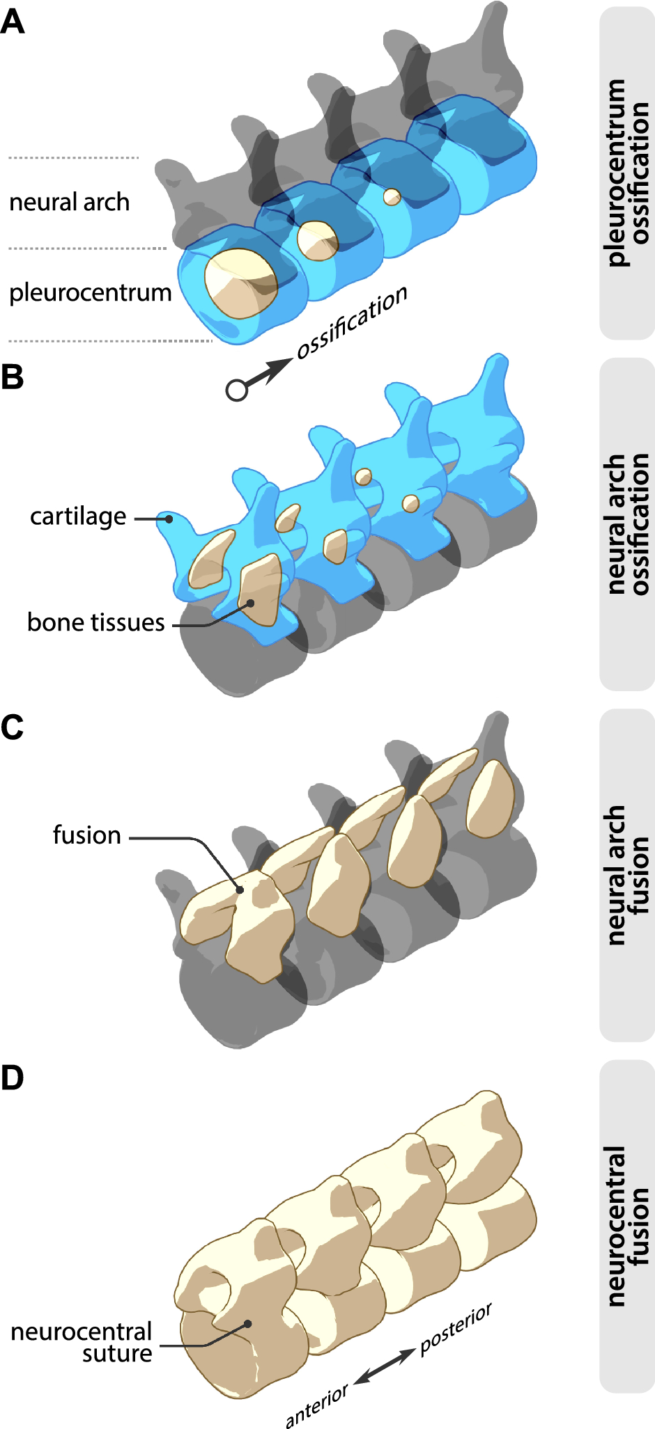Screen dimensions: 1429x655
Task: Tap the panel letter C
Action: pyautogui.click(x=13, y=727)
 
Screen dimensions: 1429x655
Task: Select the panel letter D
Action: pyautogui.click(x=13, y=1077)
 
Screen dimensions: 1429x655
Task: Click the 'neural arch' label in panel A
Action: pyautogui.click(x=69, y=203)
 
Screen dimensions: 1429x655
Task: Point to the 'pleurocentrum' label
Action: pyautogui.click(x=90, y=293)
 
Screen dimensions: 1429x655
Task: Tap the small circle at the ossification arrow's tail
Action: pyautogui.click(x=237, y=390)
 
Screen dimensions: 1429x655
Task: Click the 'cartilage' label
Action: pyautogui.click(x=78, y=517)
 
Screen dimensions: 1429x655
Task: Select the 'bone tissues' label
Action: pyautogui.click(x=95, y=622)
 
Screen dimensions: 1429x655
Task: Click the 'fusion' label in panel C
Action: pyautogui.click(x=86, y=835)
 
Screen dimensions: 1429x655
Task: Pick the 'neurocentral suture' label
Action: pyautogui.click(x=82, y=1342)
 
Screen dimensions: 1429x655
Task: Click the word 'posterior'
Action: pyautogui.click(x=456, y=1329)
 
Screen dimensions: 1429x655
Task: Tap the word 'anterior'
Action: pyautogui.click(x=316, y=1405)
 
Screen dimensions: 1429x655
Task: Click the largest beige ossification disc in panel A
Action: pyautogui.click(x=240, y=283)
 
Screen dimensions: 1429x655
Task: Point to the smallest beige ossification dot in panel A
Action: pyautogui.click(x=392, y=197)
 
